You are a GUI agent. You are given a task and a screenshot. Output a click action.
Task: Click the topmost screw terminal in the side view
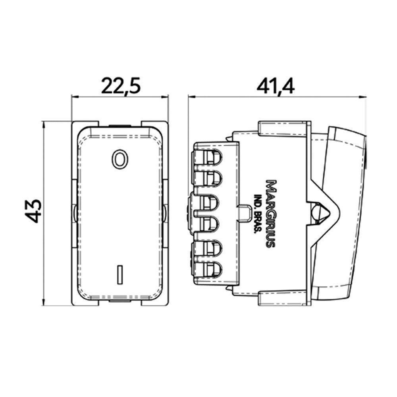(x=208, y=156)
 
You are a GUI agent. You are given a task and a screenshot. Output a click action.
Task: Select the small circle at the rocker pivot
(x=318, y=211)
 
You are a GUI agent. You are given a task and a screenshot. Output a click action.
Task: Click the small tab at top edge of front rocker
(x=120, y=127)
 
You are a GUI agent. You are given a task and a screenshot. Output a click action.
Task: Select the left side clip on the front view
(x=74, y=213)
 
